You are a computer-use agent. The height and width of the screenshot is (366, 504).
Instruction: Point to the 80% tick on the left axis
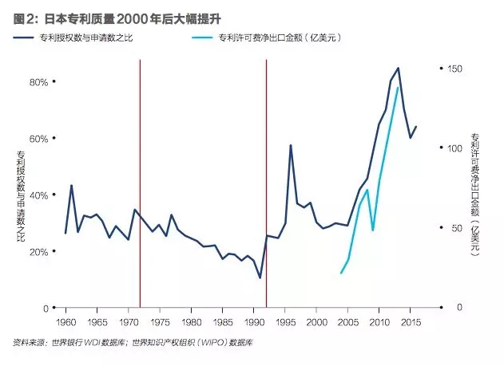[38, 82]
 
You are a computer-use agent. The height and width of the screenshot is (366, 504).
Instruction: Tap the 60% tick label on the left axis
[38, 139]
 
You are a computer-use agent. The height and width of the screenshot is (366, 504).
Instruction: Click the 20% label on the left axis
[38, 252]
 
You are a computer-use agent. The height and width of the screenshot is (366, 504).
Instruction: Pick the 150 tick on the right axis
[453, 69]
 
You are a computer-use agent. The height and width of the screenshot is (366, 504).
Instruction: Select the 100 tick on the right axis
[453, 148]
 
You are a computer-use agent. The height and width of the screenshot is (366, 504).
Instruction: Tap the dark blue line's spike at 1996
[291, 145]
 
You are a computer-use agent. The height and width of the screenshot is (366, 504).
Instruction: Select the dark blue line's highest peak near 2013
[398, 69]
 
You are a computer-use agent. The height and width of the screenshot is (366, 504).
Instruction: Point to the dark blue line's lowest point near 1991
[260, 277]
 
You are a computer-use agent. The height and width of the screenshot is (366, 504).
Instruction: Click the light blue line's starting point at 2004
[341, 274]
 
